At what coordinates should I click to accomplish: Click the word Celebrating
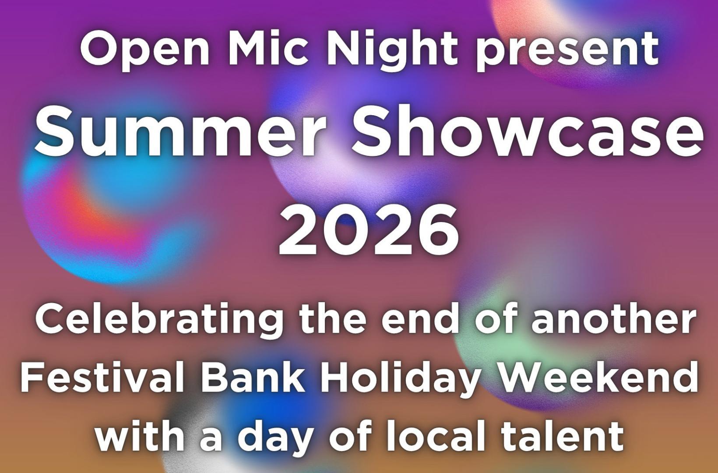[x=159, y=321]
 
